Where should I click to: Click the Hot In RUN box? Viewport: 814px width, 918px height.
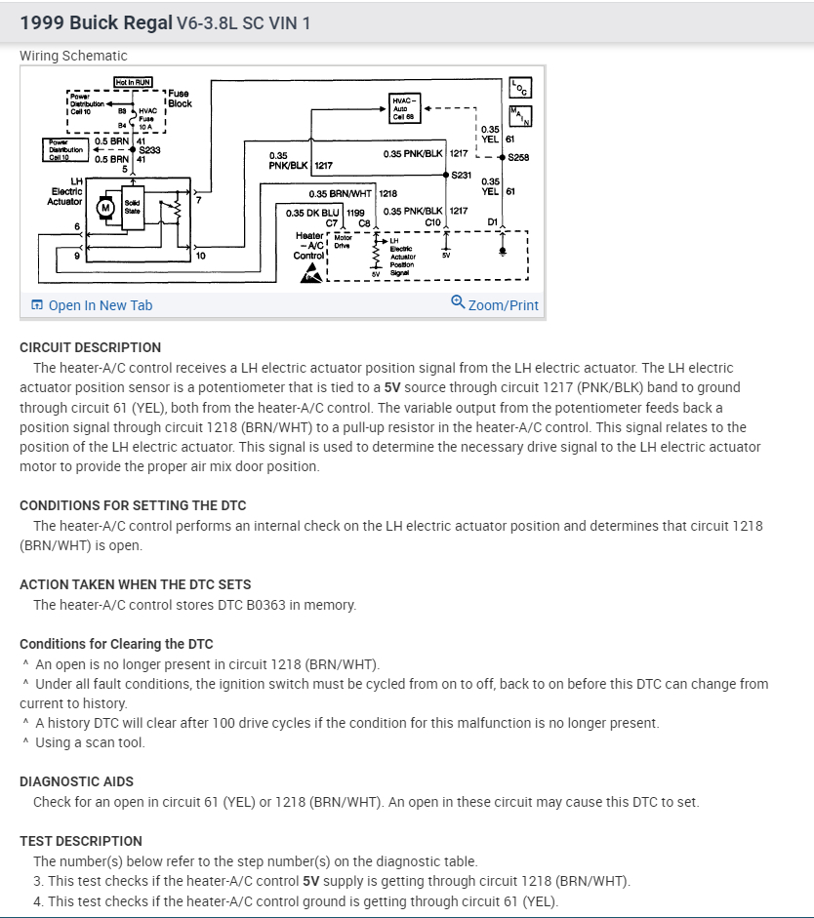click(133, 83)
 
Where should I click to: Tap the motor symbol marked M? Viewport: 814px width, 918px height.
click(104, 207)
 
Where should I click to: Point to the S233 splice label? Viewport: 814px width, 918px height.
click(149, 150)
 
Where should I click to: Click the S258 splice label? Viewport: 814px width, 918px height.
click(518, 156)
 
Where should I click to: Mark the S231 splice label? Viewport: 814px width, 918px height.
click(463, 175)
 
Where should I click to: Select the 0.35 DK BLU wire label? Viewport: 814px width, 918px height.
click(314, 212)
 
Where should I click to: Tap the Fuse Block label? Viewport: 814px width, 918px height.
click(179, 98)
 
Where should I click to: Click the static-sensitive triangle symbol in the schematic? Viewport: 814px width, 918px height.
click(308, 273)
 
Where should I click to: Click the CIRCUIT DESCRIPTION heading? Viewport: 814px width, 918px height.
click(90, 347)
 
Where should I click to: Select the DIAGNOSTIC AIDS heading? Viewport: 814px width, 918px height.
click(76, 781)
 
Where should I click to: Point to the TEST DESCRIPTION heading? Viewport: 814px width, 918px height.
click(81, 841)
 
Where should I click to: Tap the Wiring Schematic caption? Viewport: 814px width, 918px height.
click(73, 56)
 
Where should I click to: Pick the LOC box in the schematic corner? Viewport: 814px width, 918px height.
click(519, 88)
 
